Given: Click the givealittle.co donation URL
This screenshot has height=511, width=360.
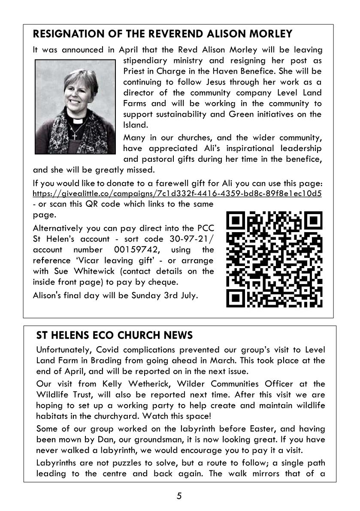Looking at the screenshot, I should point(177,193).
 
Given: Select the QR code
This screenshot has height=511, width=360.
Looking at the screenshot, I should point(274,260).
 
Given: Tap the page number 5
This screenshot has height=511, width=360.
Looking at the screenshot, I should point(179,496).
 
